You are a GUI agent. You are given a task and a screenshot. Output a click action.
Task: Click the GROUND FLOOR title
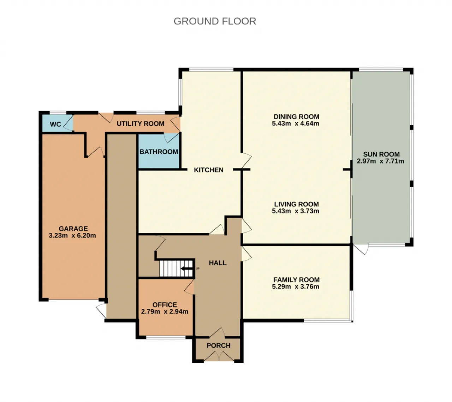coord(215,22)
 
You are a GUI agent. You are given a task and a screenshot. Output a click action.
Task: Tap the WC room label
coord(55,124)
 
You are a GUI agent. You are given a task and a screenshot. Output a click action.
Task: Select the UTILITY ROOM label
coord(140,124)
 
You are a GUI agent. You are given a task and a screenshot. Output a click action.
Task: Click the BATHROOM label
coord(159,152)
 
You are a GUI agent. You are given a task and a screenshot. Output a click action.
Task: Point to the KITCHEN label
coord(209,170)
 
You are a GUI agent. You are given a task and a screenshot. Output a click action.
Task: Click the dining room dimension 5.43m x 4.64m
coord(295,123)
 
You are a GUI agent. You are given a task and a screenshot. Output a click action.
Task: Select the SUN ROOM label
coord(381,154)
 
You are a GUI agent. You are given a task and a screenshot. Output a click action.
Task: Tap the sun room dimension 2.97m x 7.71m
coord(380,161)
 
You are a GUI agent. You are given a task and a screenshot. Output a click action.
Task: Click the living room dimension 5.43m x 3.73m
coord(295,211)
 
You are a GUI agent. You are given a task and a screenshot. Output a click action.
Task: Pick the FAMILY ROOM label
coord(297,279)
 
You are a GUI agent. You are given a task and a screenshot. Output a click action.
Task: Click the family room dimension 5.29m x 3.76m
coord(295,286)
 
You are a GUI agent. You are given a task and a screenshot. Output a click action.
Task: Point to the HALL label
coord(218,263)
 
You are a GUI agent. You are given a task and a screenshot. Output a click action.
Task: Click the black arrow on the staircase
coord(186,268)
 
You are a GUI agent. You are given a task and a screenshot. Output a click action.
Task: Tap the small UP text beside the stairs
coord(197,268)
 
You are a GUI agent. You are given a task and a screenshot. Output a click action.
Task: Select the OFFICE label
coord(165,305)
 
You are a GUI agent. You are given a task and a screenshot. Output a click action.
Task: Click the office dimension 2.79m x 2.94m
coord(165,311)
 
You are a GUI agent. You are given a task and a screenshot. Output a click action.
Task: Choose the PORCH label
coord(219,345)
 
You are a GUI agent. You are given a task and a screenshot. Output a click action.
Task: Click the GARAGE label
coord(73,229)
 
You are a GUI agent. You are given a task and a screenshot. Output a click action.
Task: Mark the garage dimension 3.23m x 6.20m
coord(72,236)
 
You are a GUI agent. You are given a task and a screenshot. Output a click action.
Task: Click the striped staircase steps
coord(176,268)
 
